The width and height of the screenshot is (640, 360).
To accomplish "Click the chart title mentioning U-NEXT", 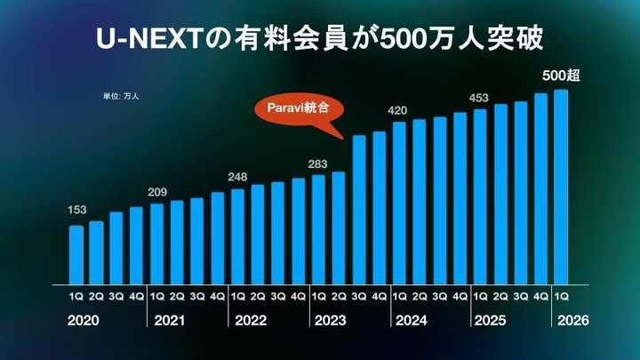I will coord(319,40).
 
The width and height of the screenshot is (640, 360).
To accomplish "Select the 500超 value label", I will coord(561,76).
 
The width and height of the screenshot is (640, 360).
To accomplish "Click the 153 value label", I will coord(76,211).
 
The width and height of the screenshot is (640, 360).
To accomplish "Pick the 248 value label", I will coord(238,176).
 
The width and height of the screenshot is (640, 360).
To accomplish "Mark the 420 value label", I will coord(399,110).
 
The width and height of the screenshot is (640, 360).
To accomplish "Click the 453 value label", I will coord(480,98).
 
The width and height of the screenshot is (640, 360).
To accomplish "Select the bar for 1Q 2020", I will coord(76,253).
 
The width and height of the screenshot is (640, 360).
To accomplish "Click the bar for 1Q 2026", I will coord(561,186).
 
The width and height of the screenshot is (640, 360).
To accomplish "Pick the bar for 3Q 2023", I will coord(359,209).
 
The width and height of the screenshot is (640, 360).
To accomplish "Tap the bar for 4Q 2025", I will coord(540,188).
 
